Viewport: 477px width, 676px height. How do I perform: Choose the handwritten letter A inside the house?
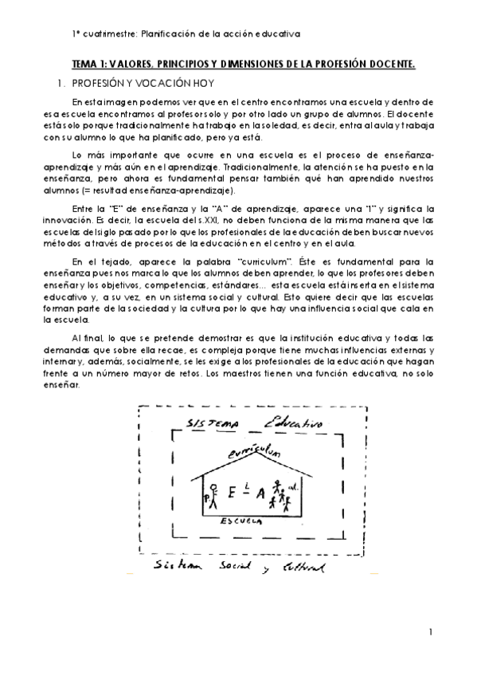click(x=260, y=493)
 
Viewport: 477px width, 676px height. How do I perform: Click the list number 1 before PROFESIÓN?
click(x=58, y=82)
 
